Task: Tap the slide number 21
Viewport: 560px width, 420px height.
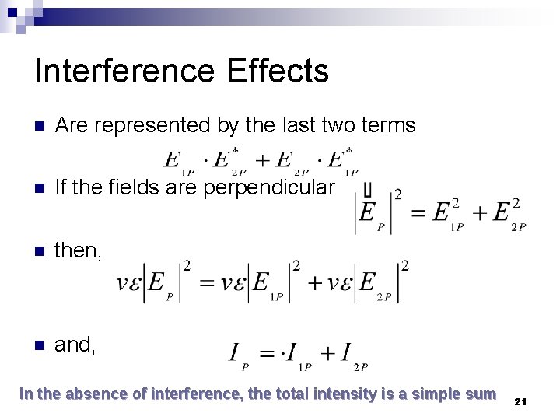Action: click(x=520, y=401)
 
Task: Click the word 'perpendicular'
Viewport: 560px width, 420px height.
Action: click(x=268, y=188)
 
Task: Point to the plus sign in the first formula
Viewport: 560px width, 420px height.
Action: click(x=264, y=160)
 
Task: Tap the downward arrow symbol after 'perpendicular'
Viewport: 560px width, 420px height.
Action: click(x=366, y=189)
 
